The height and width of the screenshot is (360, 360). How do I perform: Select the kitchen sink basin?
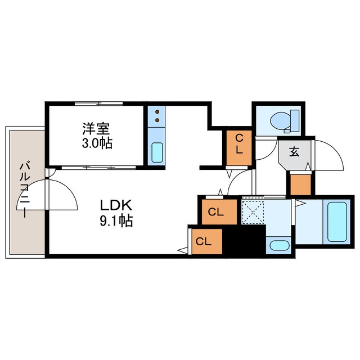(157, 151)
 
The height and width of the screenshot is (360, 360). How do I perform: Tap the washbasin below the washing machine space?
(278, 245)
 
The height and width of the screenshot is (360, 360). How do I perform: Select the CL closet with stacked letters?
(238, 144)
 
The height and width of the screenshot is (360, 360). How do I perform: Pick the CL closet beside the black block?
(205, 241)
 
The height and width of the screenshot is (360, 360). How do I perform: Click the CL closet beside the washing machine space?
(217, 212)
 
